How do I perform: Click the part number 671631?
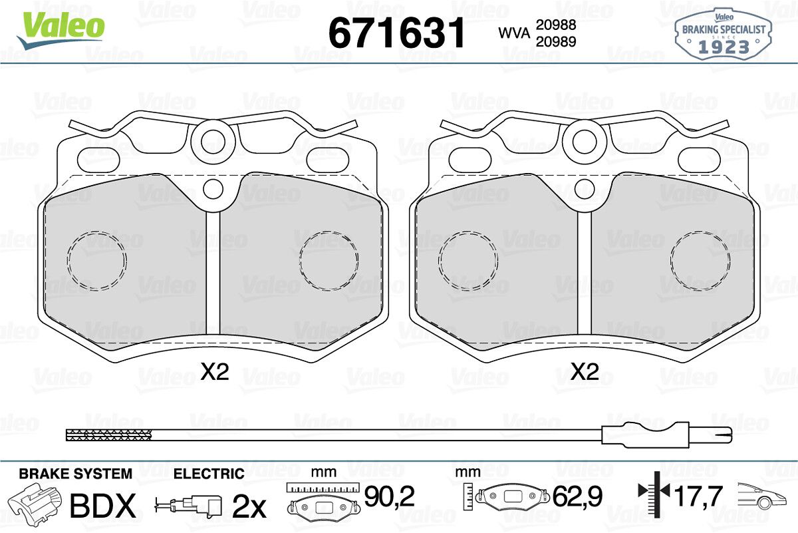click(x=396, y=33)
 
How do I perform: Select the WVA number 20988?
click(x=556, y=25)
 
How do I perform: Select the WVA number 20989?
click(x=556, y=42)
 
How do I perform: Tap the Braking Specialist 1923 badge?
click(x=724, y=35)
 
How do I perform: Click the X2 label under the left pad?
click(x=214, y=372)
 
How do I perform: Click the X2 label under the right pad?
click(x=585, y=372)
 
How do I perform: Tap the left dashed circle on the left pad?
click(x=67, y=260)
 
